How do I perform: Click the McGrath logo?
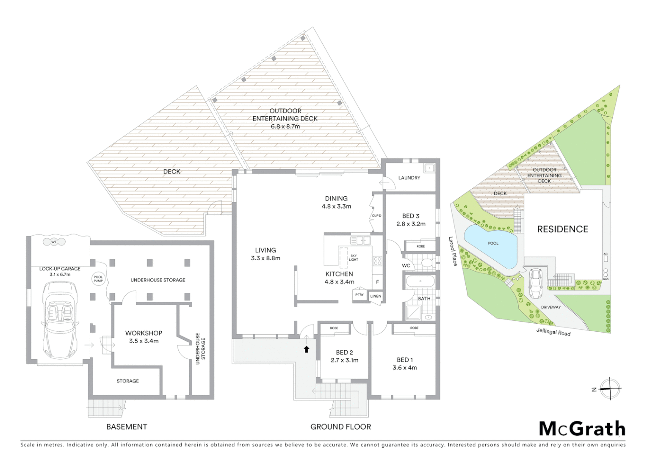click(582, 429)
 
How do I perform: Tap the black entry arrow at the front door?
click(307, 349)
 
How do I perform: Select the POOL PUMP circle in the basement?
click(98, 278)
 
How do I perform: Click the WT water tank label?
click(54, 242)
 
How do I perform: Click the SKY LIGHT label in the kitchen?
click(354, 257)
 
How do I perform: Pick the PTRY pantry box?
click(359, 295)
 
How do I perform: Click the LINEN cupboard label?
click(376, 296)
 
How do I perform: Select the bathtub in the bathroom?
click(420, 281)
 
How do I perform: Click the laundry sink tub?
click(429, 168)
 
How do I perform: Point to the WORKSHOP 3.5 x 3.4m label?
click(144, 337)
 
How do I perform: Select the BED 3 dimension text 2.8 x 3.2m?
click(411, 224)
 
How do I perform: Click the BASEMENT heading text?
click(127, 427)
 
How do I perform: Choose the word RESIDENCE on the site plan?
click(562, 229)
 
